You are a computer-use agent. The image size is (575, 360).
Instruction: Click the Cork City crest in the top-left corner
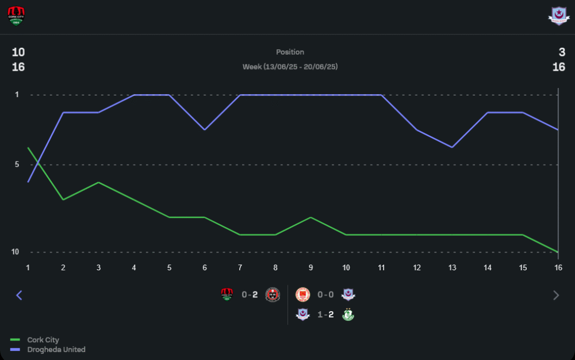point(17,17)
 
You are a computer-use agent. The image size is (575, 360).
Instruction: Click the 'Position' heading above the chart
point(290,52)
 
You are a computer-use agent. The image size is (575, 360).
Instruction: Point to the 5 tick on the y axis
point(17,165)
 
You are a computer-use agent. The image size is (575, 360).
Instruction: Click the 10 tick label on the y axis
point(16,252)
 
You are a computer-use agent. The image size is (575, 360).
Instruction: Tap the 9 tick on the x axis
point(310,267)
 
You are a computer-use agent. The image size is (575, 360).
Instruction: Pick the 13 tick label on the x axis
point(452,267)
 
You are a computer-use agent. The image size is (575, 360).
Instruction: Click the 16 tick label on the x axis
point(558,267)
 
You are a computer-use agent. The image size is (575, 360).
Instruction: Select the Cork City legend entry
point(43,340)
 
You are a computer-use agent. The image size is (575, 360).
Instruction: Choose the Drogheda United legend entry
point(56,350)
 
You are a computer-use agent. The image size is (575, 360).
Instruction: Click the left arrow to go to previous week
point(19,295)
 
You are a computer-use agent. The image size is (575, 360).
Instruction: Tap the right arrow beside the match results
point(555,295)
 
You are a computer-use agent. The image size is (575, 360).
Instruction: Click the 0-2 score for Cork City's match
point(250,295)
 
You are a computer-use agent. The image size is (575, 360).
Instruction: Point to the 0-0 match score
point(325,295)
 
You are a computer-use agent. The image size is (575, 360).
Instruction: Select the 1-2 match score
point(325,315)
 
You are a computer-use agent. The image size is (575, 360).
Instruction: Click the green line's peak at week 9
point(310,217)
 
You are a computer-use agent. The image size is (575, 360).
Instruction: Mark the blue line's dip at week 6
point(204,130)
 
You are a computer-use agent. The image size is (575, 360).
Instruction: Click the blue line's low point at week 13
point(452,147)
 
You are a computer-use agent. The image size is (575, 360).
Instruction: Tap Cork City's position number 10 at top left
point(18,52)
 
